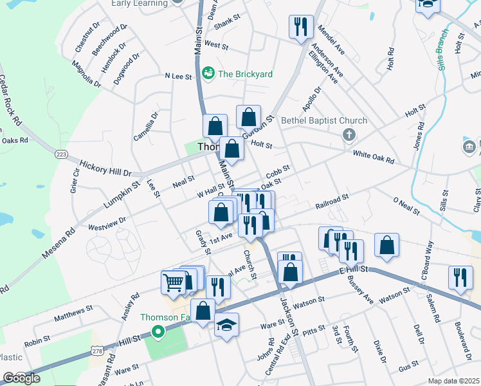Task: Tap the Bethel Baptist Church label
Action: (325, 120)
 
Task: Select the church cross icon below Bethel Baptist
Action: (349, 135)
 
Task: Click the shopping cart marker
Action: (173, 281)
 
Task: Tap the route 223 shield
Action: (62, 154)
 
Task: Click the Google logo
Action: (21, 378)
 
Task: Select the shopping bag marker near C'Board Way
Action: (386, 245)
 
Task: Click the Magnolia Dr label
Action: (86, 74)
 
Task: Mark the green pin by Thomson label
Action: (158, 332)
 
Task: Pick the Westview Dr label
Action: (107, 223)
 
